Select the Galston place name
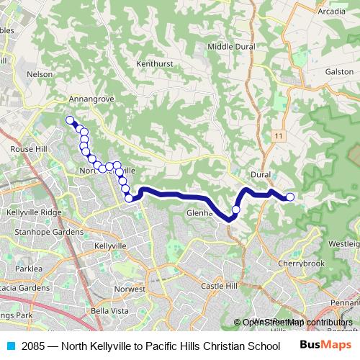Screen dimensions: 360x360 (339, 72)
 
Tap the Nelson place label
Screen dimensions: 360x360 (39, 73)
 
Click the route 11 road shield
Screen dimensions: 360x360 (279, 135)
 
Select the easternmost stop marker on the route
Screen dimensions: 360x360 (290, 197)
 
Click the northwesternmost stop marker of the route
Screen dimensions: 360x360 (70, 120)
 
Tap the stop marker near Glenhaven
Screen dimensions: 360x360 (235, 210)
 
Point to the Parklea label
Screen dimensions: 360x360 (28, 268)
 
